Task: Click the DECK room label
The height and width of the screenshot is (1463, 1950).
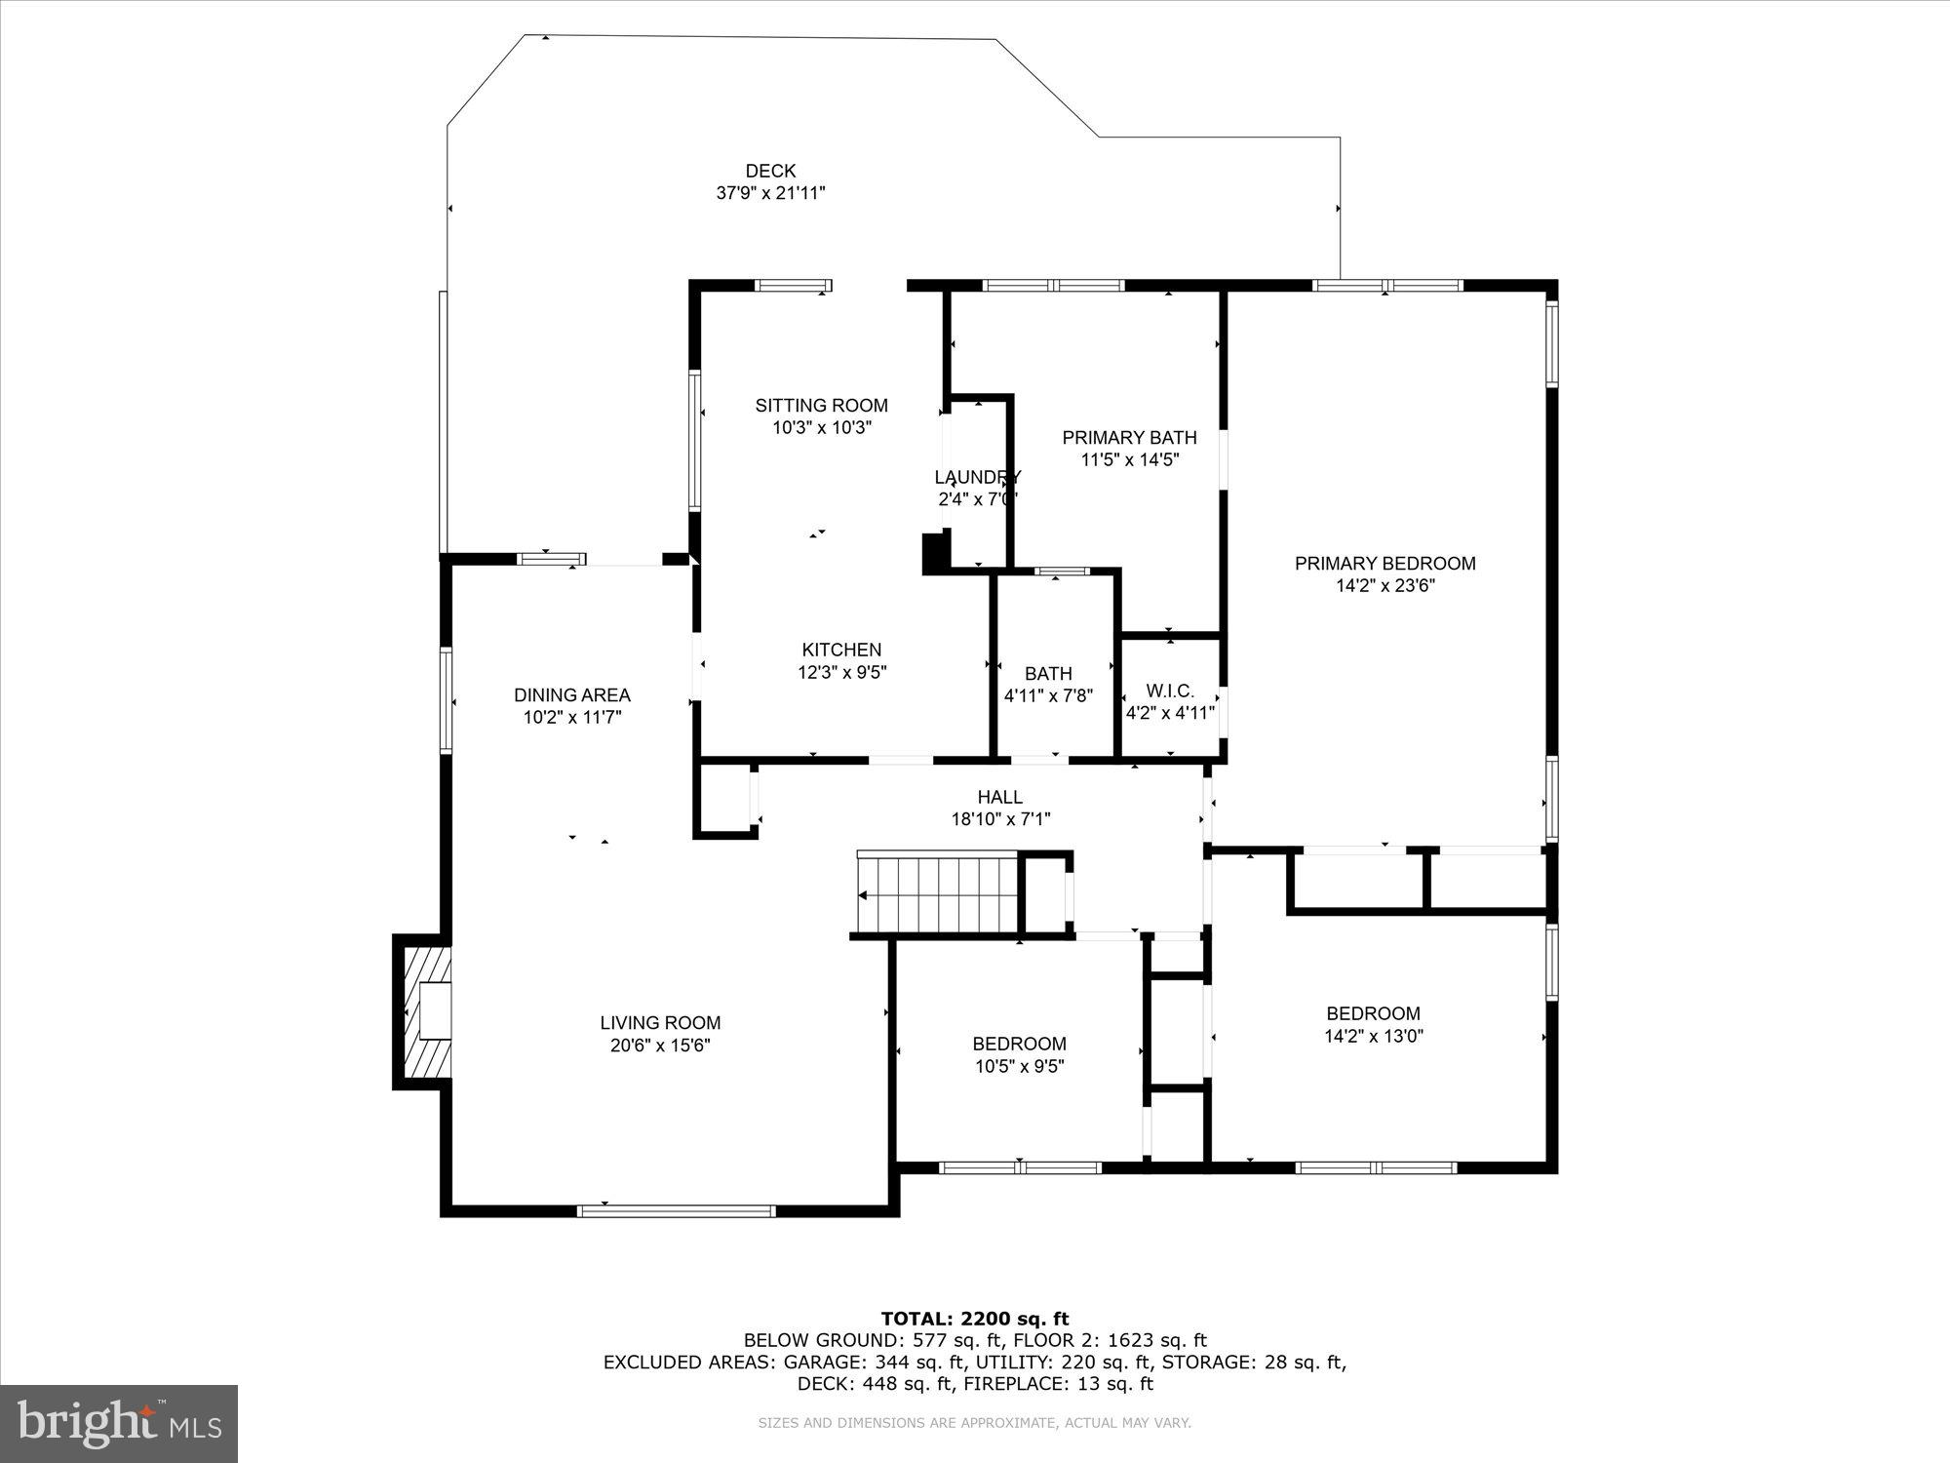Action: coord(770,172)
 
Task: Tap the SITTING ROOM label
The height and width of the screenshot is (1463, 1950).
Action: coord(821,406)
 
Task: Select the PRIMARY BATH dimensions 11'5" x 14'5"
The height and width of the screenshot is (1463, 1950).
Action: coord(1130,460)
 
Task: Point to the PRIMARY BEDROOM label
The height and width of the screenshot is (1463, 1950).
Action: coord(1384,564)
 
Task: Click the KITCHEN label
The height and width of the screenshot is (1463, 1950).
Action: coord(841,650)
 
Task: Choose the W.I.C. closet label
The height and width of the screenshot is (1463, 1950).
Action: coord(1170,691)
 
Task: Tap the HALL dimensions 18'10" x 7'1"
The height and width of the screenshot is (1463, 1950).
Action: coord(1000,820)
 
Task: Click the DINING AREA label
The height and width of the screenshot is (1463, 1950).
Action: coord(572,695)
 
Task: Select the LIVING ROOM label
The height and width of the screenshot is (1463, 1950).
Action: coord(660,1023)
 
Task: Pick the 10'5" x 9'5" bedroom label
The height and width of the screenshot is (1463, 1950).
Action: coord(1019,1055)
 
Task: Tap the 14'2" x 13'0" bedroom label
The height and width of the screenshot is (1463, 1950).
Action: coord(1373,1025)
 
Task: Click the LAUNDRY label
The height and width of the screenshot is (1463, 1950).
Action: coord(977,478)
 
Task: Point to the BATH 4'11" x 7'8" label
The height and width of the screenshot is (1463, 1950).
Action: coord(1048,674)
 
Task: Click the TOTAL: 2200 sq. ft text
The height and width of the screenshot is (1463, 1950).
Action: coord(975,1320)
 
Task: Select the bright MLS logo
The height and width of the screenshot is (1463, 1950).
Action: coord(119,1423)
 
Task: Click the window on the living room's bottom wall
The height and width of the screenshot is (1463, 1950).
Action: coord(676,1211)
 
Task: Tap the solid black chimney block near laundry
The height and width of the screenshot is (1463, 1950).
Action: coord(935,552)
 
